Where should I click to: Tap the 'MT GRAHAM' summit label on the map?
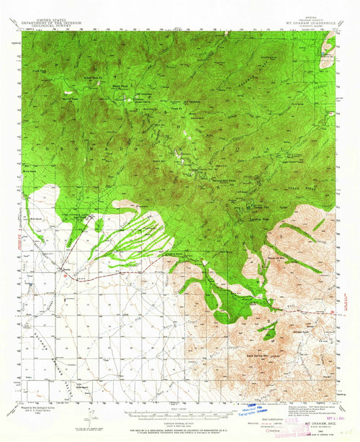(192, 103)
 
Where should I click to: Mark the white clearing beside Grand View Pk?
(70, 93)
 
